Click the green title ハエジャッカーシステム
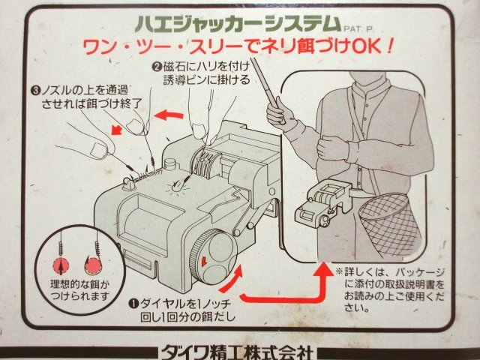[238, 23]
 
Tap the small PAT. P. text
[358, 29]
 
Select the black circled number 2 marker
[157, 67]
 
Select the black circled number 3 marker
[35, 90]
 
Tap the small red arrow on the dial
[203, 261]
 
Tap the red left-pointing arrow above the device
[169, 115]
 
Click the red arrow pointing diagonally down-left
[117, 130]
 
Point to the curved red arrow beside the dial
[231, 279]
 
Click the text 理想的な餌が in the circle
[79, 284]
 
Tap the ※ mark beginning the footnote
[339, 271]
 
